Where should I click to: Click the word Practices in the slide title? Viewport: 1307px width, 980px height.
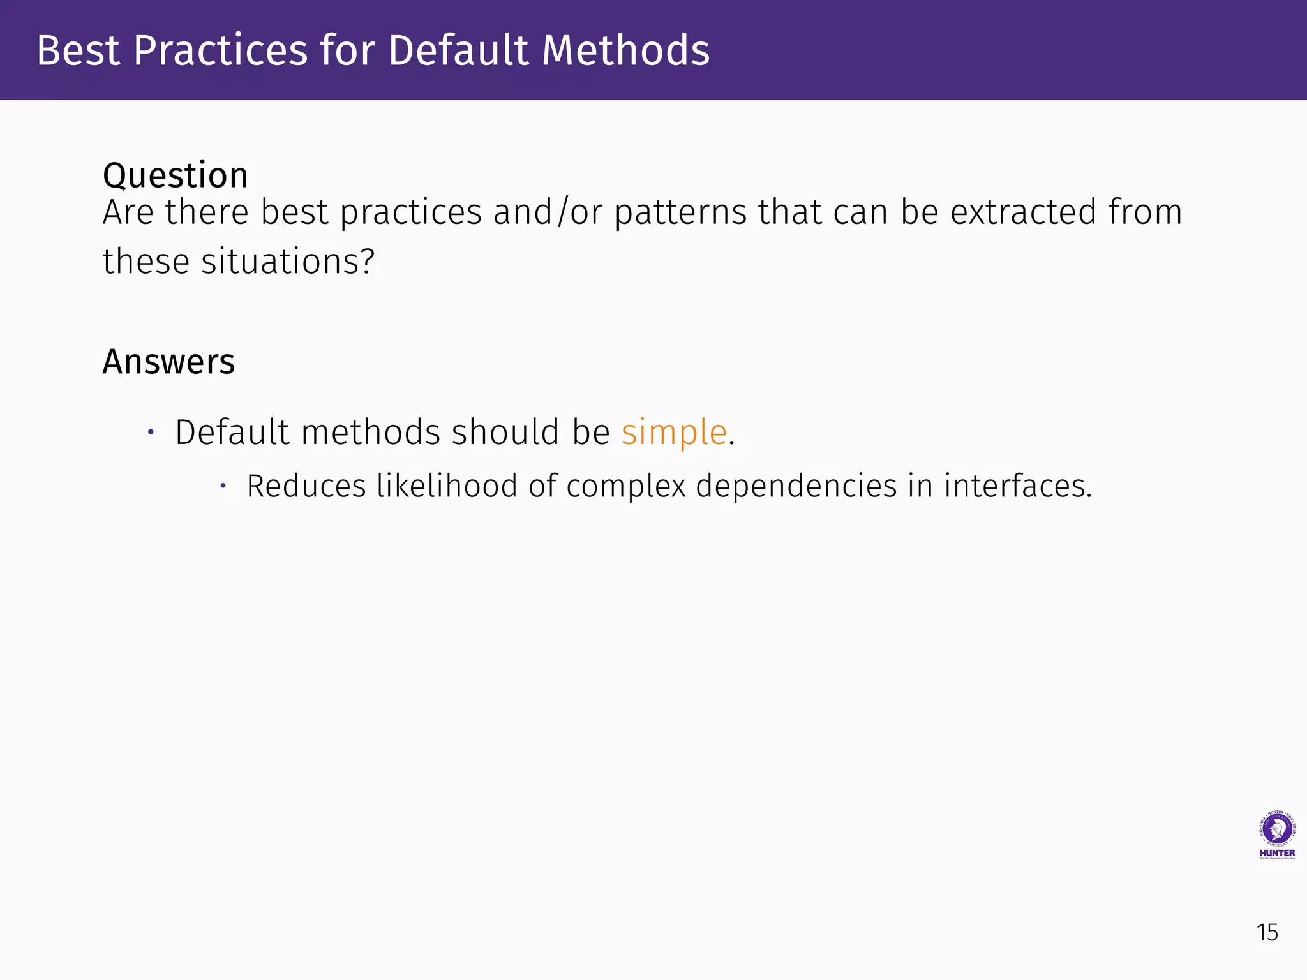pos(221,50)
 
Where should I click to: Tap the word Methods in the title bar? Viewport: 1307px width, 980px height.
pos(625,50)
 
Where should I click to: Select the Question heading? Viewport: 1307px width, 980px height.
pos(176,175)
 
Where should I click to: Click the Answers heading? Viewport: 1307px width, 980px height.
pos(168,362)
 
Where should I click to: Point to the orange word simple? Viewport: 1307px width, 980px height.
pos(674,432)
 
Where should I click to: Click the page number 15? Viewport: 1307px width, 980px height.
pos(1267,933)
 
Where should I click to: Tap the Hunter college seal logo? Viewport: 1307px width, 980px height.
pos(1277,829)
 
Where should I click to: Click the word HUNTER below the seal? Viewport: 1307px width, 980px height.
pos(1277,853)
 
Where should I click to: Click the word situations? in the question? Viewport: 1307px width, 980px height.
pos(288,262)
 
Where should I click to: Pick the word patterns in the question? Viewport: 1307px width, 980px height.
pos(680,213)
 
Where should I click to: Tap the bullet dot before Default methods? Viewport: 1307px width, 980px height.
pos(151,433)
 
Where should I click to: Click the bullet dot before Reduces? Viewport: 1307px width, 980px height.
pos(223,486)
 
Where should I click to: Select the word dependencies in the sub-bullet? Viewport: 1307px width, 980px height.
pos(796,486)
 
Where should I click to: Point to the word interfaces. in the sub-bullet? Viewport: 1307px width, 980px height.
pos(1018,486)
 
